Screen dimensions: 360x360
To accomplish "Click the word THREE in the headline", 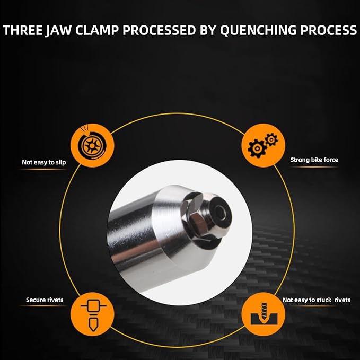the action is click(22, 30).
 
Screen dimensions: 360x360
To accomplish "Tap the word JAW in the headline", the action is click(58, 31).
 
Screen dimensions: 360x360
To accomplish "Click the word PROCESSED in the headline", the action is click(159, 30).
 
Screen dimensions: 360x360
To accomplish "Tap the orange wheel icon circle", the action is click(92, 145).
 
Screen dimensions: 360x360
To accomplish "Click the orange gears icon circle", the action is click(263, 145).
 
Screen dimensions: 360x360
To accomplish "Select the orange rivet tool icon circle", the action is click(92, 314).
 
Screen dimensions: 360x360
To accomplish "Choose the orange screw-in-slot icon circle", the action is click(263, 314).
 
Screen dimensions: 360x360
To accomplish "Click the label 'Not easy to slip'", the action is click(44, 163).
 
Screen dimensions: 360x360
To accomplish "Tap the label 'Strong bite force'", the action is click(314, 160).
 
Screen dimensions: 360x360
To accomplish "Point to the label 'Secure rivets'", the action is click(45, 300).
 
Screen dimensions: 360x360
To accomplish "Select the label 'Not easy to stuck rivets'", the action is click(317, 300).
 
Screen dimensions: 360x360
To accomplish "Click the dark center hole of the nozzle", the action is click(221, 213).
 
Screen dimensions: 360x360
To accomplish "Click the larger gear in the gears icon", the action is click(257, 148).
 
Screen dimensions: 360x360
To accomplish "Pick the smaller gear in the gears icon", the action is click(271, 139).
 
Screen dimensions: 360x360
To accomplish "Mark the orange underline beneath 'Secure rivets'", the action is click(43, 306).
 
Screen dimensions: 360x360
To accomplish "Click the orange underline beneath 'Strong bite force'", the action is click(314, 167).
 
